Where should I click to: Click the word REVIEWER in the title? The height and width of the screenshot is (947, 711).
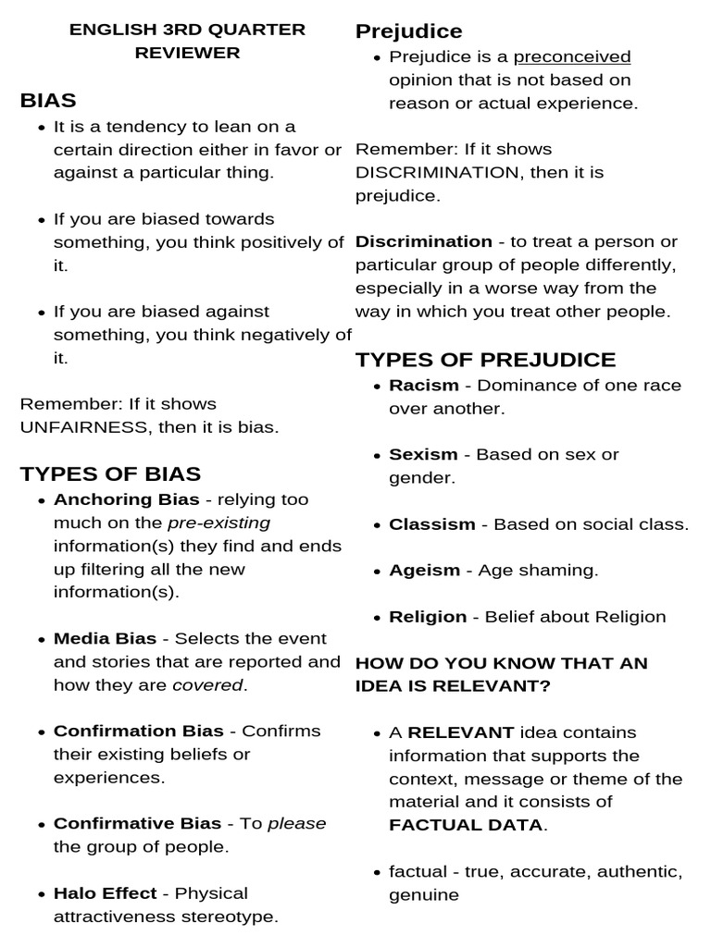(187, 53)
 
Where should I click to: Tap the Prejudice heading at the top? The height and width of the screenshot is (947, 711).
(408, 31)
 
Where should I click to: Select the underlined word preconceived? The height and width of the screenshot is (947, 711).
(572, 57)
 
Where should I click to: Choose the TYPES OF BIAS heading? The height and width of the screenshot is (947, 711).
(110, 474)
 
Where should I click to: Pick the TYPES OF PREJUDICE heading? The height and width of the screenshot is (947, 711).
(485, 360)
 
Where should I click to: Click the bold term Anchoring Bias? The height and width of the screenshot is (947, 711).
(127, 499)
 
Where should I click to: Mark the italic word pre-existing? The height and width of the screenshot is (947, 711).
(218, 523)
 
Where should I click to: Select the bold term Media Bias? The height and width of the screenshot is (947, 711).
(105, 638)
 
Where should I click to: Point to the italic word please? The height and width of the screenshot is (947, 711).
(296, 823)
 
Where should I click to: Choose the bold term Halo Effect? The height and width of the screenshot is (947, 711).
(104, 893)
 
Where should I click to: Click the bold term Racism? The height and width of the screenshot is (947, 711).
(423, 385)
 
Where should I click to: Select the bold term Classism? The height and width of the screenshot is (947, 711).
(431, 524)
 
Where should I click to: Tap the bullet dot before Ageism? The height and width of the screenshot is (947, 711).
(378, 572)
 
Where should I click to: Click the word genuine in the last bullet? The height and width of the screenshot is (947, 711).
(423, 895)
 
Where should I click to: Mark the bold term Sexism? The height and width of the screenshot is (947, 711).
(423, 454)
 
